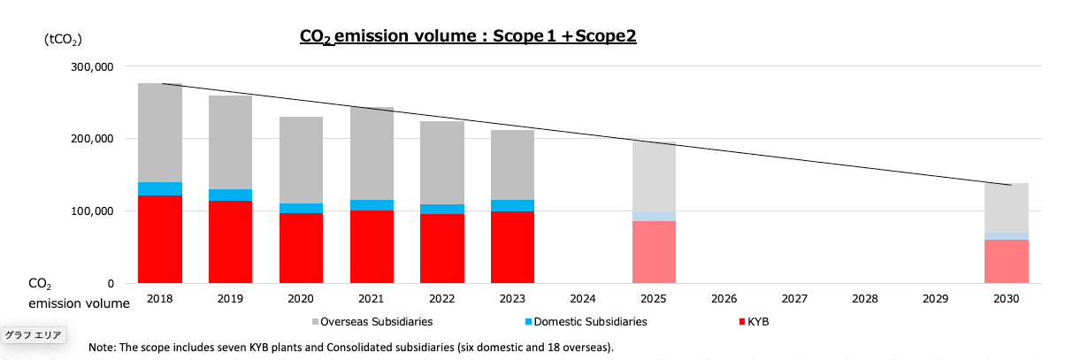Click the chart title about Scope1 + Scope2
468,36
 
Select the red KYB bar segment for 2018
160,239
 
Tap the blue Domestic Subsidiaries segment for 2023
512,205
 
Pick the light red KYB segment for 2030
1006,261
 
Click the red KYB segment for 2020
301,248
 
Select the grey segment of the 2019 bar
230,142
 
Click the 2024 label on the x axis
583,300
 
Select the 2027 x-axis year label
794,300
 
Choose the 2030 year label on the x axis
1006,300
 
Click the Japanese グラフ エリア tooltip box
33,335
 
